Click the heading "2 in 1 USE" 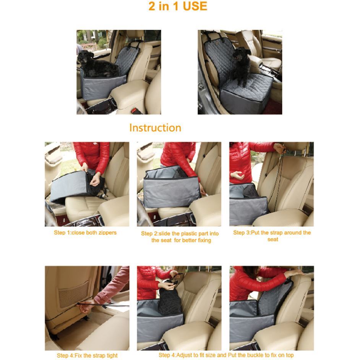click(x=178, y=6)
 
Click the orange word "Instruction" click(x=155, y=128)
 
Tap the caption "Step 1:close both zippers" click(x=85, y=233)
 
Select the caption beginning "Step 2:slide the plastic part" click(x=180, y=237)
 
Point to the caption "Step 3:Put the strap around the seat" click(x=272, y=236)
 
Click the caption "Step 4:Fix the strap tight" click(x=87, y=355)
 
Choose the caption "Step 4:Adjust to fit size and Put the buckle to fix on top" click(x=226, y=355)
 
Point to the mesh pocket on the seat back click(x=73, y=295)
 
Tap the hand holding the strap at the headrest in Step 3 click(x=280, y=148)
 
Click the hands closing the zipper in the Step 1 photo click(x=91, y=177)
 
